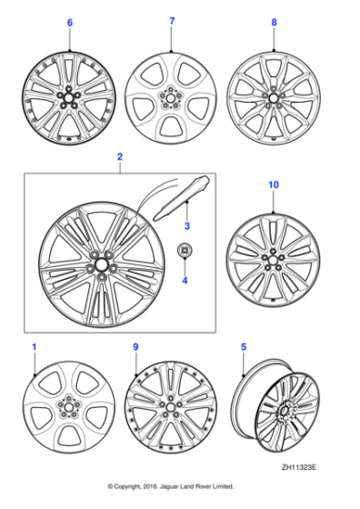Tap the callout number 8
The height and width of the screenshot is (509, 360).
tap(274, 20)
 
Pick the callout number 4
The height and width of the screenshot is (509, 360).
tap(185, 280)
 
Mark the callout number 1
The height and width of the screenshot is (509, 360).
tap(35, 346)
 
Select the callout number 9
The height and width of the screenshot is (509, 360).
tap(135, 346)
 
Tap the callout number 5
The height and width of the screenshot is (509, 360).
tap(244, 346)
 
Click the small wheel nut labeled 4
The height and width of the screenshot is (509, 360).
tap(184, 252)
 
